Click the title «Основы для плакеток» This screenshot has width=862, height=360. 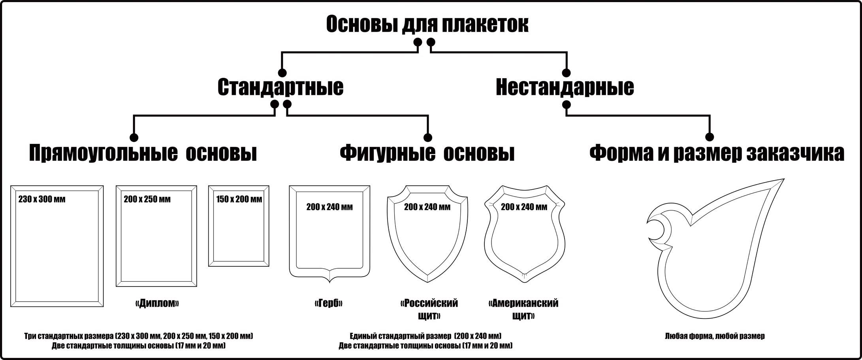pyautogui.click(x=427, y=25)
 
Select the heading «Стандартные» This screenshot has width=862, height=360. pyautogui.click(x=280, y=87)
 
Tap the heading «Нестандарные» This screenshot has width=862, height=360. pyautogui.click(x=565, y=87)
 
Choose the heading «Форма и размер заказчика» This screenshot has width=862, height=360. pyautogui.click(x=717, y=153)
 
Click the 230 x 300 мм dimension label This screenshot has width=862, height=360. pyautogui.click(x=42, y=200)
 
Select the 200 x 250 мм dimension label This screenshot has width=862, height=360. pyautogui.click(x=147, y=199)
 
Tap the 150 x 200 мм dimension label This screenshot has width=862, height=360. pyautogui.click(x=239, y=199)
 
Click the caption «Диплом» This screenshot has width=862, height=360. pyautogui.click(x=157, y=303)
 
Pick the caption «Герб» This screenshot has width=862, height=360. pyautogui.click(x=329, y=303)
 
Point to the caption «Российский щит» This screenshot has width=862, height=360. pyautogui.click(x=429, y=310)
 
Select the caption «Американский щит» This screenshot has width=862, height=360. pyautogui.click(x=523, y=310)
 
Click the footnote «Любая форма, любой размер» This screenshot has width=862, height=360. pyautogui.click(x=715, y=336)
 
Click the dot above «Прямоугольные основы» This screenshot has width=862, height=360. pyautogui.click(x=134, y=137)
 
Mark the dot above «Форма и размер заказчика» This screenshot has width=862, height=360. pyautogui.click(x=710, y=137)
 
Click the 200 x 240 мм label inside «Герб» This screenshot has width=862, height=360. pyautogui.click(x=329, y=207)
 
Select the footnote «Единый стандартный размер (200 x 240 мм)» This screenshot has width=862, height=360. pyautogui.click(x=425, y=336)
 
